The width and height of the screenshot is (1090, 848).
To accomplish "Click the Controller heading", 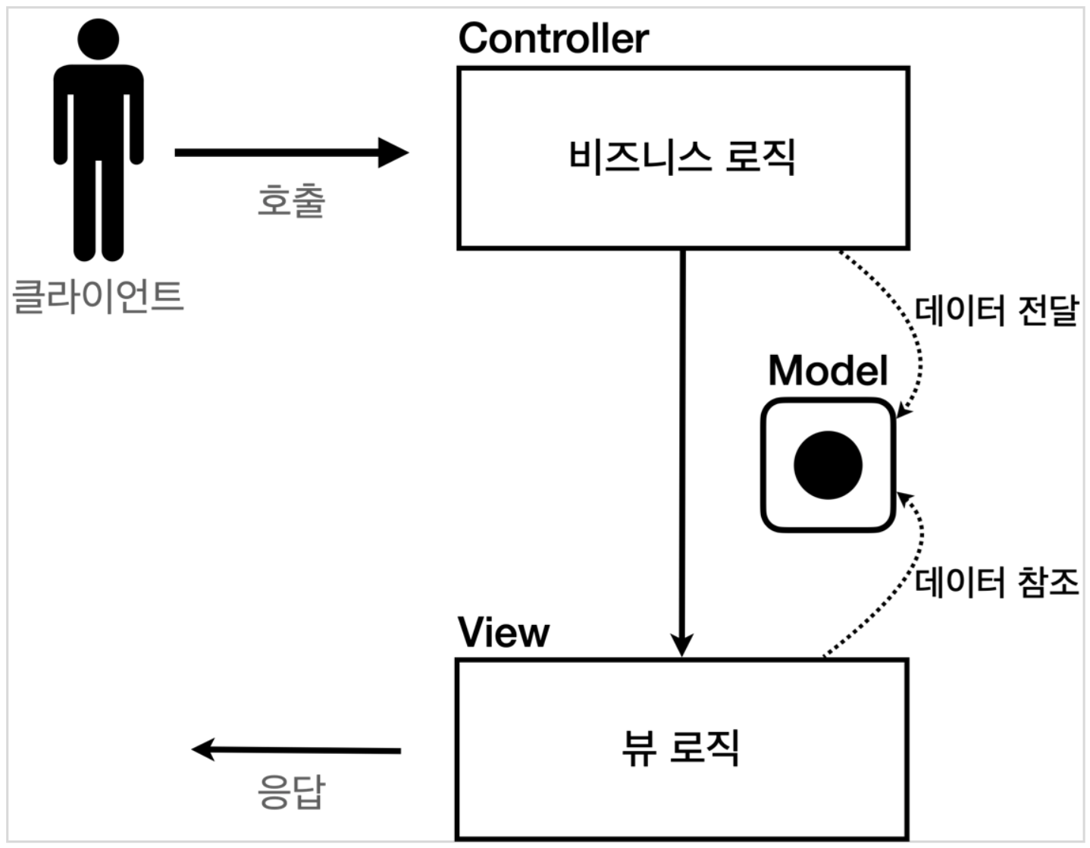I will tap(553, 39).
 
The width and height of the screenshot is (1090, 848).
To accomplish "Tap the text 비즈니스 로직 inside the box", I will tap(681, 158).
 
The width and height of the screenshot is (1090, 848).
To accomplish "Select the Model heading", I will tap(827, 371).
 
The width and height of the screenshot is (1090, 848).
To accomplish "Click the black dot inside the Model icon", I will tap(828, 465).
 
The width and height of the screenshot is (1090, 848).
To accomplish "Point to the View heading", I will tap(503, 633).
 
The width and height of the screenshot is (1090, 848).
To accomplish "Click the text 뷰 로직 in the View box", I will tap(680, 748).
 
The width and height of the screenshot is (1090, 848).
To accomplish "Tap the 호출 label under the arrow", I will tap(291, 201).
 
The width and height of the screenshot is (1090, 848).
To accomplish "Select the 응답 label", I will tap(291, 792).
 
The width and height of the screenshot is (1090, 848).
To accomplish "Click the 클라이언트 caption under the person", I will tap(99, 296).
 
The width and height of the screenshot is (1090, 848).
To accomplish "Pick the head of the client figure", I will tap(98, 38).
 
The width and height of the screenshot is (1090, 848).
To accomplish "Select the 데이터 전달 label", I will tap(996, 311).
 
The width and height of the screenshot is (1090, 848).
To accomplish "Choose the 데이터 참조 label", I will tap(996, 583).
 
